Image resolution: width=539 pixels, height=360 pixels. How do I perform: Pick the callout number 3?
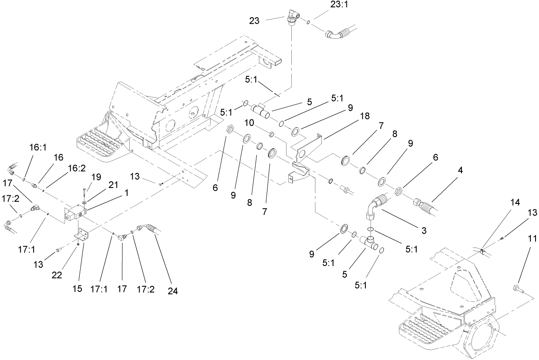click(424, 231)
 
